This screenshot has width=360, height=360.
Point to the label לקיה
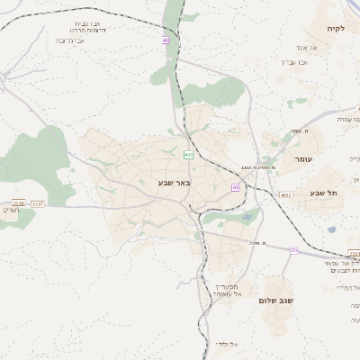coord(335,29)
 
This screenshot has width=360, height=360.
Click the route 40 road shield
coord(166,40)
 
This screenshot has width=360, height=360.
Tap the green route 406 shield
coord(188,155)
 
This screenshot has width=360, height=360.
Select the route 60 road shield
coord(235,187)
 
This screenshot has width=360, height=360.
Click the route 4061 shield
coord(285,194)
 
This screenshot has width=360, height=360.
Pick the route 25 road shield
coord(293,250)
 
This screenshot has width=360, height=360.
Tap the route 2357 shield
coord(37,204)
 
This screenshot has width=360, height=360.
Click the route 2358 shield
coord(18,204)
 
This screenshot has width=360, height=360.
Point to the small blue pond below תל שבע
coord(331,229)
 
